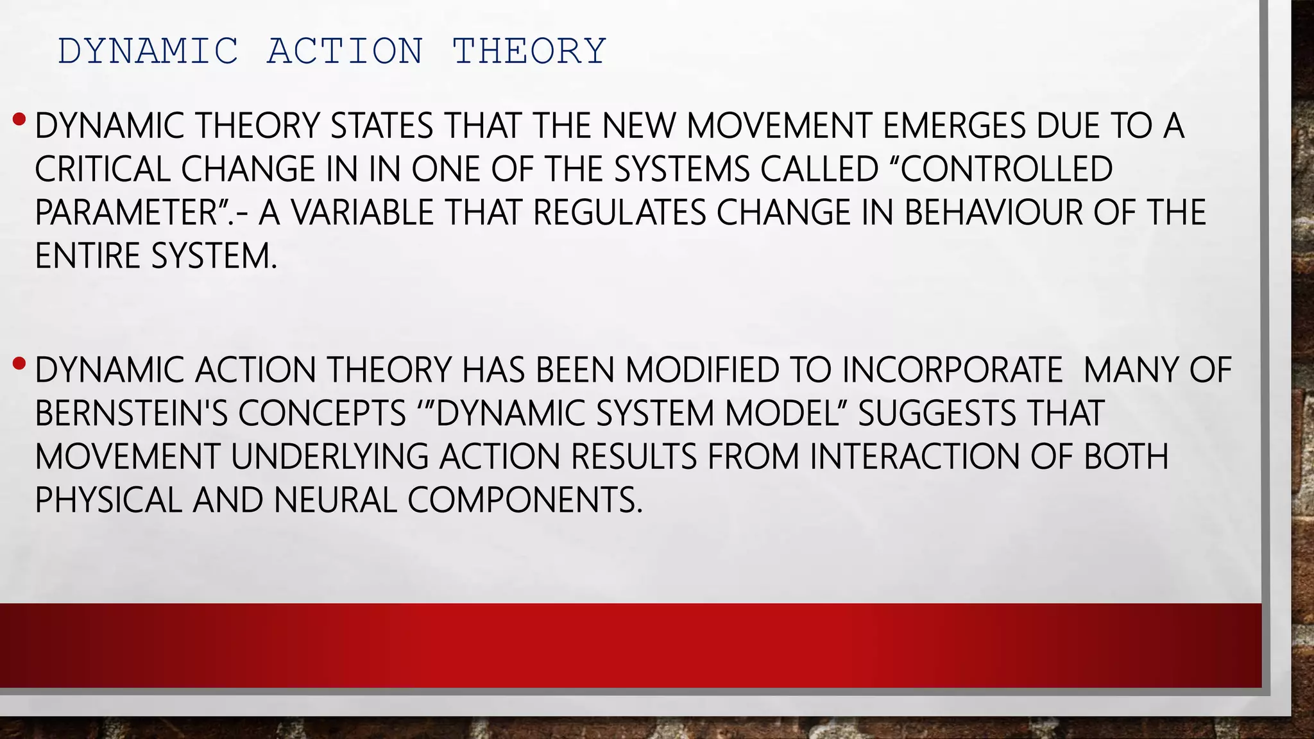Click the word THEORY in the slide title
coord(529,51)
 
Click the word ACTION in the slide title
coord(345,51)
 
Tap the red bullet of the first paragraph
coord(19,119)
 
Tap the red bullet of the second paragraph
coord(19,364)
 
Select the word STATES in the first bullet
coord(382,126)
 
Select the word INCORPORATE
coord(952,371)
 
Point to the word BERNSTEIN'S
coord(132,414)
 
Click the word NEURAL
coord(335,501)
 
